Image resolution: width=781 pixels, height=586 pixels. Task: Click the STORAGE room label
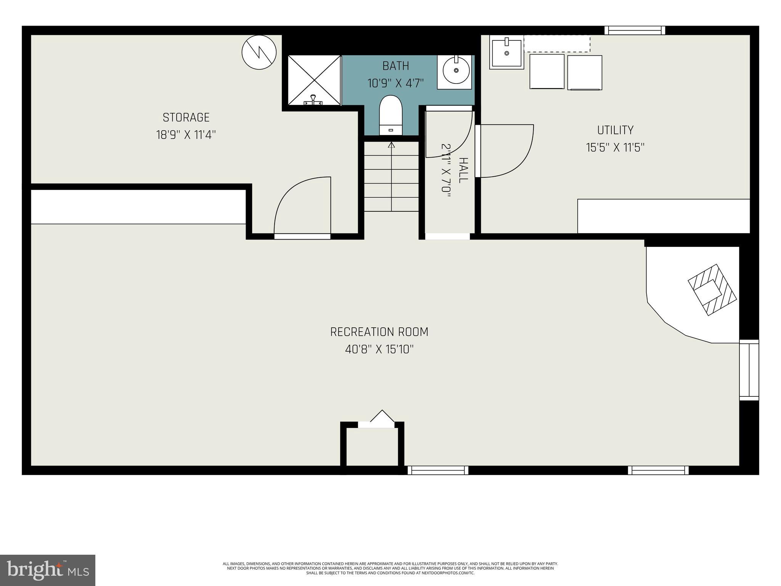[186, 117]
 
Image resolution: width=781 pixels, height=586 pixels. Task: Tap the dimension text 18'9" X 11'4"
[186, 135]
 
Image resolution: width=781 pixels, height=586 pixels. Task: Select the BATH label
[395, 66]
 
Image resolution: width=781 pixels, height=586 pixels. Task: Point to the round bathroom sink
[456, 71]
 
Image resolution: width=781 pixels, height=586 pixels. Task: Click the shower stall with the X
[314, 80]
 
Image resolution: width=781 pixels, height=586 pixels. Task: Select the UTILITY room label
[615, 130]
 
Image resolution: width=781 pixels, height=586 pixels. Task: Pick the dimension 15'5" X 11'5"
[615, 148]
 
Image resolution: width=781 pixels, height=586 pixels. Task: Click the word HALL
[463, 170]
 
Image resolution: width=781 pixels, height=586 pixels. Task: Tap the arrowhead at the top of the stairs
[391, 145]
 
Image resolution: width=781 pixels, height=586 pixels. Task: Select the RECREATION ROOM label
[379, 332]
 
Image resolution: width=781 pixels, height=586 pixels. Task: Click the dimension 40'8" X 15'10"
[379, 349]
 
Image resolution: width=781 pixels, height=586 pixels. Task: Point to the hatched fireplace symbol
[712, 290]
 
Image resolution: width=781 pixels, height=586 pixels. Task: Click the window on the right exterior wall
[749, 370]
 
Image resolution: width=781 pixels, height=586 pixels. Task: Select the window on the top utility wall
[635, 30]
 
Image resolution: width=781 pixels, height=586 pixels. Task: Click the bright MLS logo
[48, 570]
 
